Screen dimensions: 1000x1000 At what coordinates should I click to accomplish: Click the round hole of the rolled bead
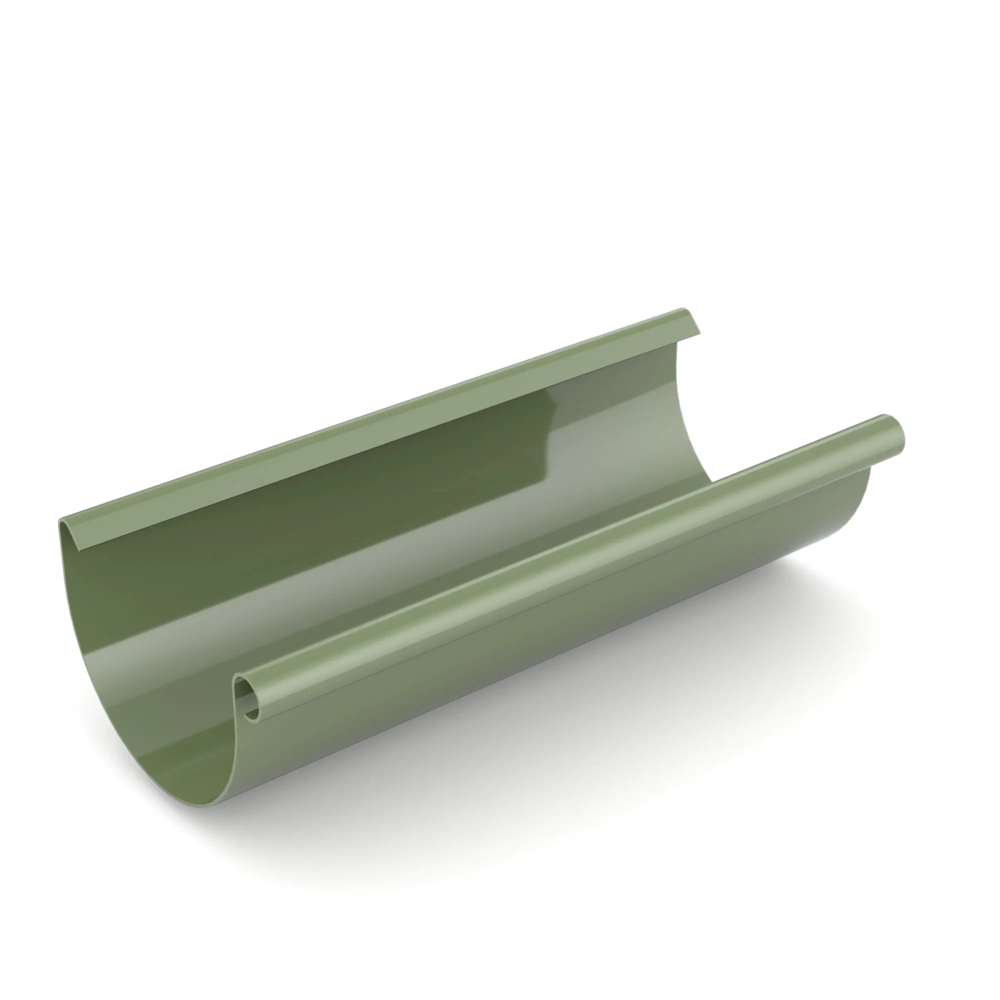point(252,704)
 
